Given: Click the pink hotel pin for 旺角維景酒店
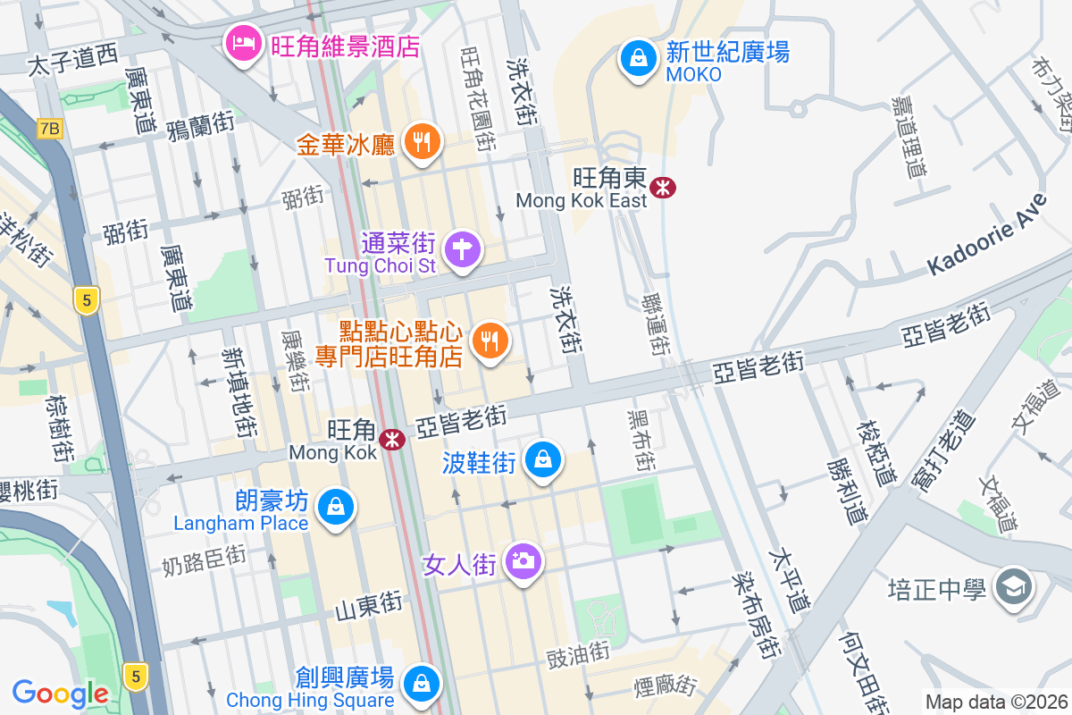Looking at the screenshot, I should click(x=242, y=43).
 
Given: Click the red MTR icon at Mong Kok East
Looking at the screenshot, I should click(x=663, y=188).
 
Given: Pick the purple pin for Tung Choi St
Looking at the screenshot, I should click(x=463, y=248).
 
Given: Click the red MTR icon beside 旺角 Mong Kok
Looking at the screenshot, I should click(x=391, y=440).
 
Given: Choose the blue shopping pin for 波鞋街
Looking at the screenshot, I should click(x=542, y=460).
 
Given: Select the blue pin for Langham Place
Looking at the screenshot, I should click(x=336, y=507).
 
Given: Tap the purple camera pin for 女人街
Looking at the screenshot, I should click(x=522, y=561).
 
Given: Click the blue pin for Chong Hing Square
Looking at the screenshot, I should click(x=419, y=685).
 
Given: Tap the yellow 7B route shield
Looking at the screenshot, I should click(x=51, y=129).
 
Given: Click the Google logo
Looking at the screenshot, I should click(x=60, y=693).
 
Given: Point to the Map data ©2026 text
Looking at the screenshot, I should click(x=995, y=702).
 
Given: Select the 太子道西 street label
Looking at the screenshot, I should click(x=72, y=60).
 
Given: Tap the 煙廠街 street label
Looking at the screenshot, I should click(x=664, y=686).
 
